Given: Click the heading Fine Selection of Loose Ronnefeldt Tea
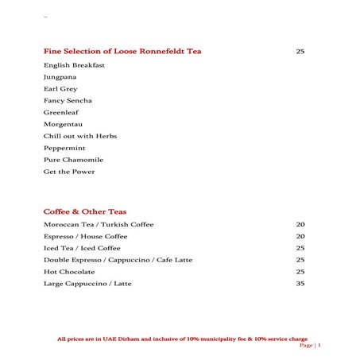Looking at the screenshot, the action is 122,52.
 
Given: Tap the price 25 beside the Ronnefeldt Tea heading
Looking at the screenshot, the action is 300,52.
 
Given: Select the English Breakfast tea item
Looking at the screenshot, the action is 74,65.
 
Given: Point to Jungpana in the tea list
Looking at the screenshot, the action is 61,77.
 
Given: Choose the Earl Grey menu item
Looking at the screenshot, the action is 60,89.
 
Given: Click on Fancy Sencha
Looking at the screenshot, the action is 68,101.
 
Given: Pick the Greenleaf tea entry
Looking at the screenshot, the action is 61,113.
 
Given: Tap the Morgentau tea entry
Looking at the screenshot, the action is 64,125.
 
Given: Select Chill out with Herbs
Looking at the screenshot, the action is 80,137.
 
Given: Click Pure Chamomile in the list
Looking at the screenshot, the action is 73,161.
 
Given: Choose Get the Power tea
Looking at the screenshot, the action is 69,172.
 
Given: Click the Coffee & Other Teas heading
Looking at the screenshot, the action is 85,212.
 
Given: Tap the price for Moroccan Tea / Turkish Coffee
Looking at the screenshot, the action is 300,225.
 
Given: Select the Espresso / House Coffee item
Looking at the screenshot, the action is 86,237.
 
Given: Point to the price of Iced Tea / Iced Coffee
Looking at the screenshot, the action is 300,248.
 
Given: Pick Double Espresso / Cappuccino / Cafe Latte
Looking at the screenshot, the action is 118,260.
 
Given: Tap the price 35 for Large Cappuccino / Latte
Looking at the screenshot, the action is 300,284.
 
